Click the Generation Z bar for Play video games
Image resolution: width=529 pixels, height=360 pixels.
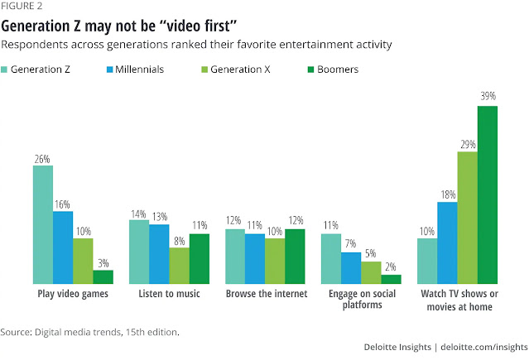point(43,224)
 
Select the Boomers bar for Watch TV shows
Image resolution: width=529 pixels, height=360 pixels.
point(487,194)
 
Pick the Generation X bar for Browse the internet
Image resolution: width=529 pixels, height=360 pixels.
point(275,261)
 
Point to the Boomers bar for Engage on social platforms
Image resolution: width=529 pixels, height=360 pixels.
point(391,279)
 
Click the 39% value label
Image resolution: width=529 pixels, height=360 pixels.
point(487,97)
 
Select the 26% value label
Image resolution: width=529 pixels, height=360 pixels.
point(43,157)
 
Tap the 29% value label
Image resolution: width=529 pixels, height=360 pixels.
point(467,143)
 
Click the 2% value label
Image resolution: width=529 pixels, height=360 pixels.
point(391,266)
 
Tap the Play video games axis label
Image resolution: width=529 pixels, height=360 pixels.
point(74,294)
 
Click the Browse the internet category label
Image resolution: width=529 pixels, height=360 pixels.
point(266,294)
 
